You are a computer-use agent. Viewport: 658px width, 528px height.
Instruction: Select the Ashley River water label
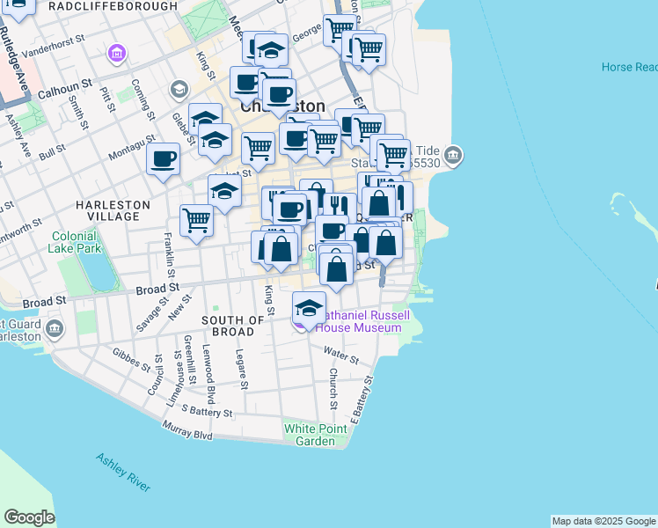[123, 473]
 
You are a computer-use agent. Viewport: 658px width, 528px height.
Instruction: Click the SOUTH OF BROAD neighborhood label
[233, 326]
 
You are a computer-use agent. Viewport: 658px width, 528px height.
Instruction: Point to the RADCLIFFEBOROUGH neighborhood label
[113, 6]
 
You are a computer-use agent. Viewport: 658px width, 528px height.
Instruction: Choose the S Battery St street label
[207, 411]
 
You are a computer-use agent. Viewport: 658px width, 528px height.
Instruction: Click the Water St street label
[340, 355]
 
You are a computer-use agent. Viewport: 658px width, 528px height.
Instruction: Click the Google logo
[29, 517]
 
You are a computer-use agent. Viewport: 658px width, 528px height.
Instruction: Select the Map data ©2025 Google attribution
[603, 521]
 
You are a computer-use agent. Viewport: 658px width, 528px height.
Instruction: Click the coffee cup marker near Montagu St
[163, 159]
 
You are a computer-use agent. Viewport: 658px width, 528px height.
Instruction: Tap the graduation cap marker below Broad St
[309, 309]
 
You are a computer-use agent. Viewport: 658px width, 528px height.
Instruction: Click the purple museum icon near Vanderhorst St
[116, 55]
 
